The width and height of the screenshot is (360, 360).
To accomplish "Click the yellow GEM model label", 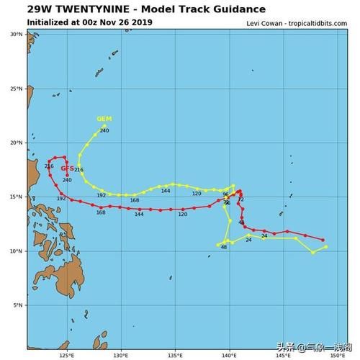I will [104, 119].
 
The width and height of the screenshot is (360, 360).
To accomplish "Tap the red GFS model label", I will [68, 168].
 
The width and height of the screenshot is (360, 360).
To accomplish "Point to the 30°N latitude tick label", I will [16, 34].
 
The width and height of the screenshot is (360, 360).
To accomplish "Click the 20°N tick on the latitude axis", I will [16, 143].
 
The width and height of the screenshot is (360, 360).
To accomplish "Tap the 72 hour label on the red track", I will [240, 199].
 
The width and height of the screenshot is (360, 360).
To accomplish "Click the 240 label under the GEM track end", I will [104, 130].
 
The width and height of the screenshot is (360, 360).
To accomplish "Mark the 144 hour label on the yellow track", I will [166, 191].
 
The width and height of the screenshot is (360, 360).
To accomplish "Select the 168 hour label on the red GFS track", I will [101, 212].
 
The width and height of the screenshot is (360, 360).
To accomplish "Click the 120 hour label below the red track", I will [182, 214].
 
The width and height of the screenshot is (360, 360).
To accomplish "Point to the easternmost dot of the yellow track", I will [326, 247].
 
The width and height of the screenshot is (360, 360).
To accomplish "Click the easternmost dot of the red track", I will [323, 240].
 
